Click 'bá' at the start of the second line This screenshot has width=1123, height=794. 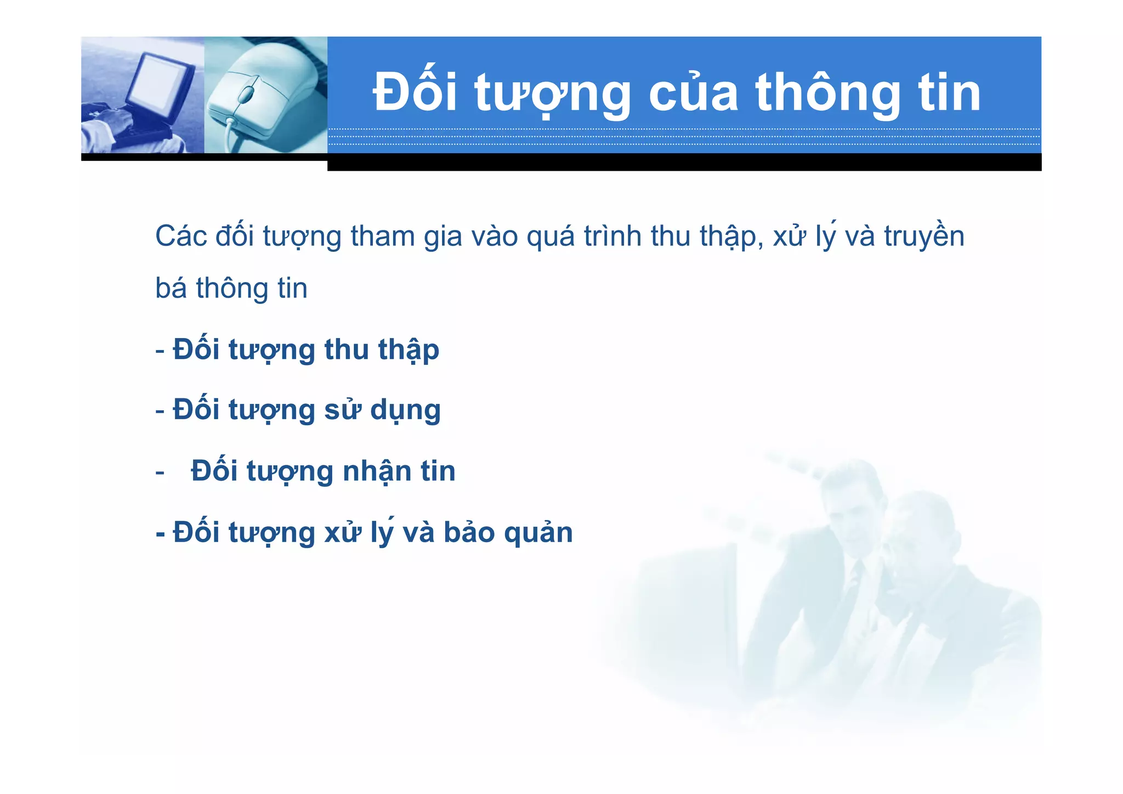[x=171, y=289]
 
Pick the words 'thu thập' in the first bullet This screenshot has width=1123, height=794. [x=382, y=350]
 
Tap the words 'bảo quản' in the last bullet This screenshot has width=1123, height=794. [x=508, y=533]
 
